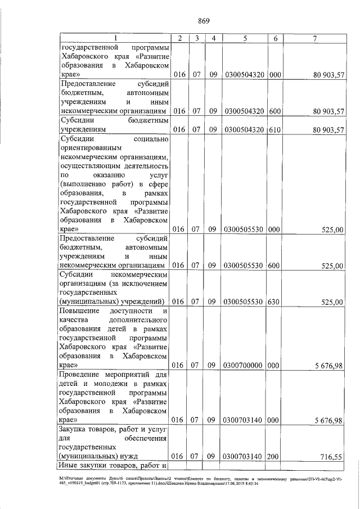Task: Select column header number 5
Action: pyautogui.click(x=245, y=38)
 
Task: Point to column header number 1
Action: pyautogui.click(x=115, y=38)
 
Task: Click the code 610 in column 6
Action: pyautogui.click(x=275, y=130)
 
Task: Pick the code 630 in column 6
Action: pyautogui.click(x=275, y=301)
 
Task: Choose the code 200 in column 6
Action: pyautogui.click(x=275, y=456)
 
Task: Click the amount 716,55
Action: pyautogui.click(x=331, y=457)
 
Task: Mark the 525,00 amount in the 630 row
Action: pyautogui.click(x=331, y=302)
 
